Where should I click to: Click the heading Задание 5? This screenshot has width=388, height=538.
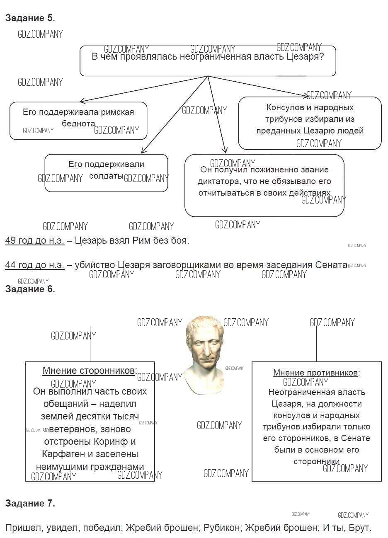tap(30, 18)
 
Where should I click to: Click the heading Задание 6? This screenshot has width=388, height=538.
tap(30, 289)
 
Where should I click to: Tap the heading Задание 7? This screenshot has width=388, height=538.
tap(30, 503)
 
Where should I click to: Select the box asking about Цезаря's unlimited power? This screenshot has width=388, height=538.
tap(207, 61)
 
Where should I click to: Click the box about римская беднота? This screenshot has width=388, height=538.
tap(78, 120)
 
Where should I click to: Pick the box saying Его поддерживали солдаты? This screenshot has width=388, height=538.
tap(106, 173)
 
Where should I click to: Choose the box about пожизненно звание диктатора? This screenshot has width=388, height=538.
tap(264, 185)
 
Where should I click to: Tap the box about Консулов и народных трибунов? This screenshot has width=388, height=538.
tap(309, 123)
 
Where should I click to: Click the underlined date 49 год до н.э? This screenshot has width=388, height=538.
tap(34, 240)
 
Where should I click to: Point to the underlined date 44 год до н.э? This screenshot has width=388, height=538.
tap(34, 265)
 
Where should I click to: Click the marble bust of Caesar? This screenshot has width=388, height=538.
tap(206, 352)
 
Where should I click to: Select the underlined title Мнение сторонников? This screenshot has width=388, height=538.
tap(89, 371)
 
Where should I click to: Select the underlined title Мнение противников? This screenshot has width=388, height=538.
tap(315, 373)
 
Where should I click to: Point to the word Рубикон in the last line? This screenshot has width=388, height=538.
tap(222, 528)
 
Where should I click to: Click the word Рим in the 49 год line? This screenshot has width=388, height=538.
tap(141, 240)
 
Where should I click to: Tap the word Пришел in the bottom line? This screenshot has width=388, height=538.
tap(23, 528)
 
